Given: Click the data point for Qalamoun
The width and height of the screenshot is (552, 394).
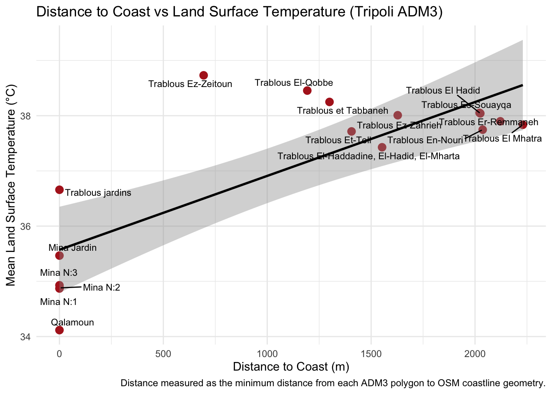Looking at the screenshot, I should point(60,330).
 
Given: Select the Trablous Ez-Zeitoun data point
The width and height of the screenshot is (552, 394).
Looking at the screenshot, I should point(203,75).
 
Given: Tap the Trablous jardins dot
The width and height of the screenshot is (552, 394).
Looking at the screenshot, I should point(60,190).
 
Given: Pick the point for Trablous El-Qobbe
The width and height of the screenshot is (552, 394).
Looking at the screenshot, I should point(307,90).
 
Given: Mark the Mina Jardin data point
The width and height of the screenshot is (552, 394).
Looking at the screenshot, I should point(60,256).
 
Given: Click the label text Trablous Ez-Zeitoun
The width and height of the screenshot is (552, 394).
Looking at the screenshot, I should point(190,84).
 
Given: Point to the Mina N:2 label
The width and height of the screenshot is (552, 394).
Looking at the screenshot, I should point(101,288).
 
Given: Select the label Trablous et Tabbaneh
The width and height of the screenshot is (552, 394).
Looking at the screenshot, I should point(343,110).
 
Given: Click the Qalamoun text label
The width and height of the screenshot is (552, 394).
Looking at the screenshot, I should point(73,323).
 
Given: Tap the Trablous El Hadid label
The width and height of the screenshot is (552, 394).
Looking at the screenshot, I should point(443,91).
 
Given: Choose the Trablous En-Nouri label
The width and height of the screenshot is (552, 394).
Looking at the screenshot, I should point(425,140).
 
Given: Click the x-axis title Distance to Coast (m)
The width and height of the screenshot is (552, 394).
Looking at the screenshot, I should point(291,367).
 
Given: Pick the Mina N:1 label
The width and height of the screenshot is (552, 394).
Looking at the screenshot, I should point(59,302).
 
